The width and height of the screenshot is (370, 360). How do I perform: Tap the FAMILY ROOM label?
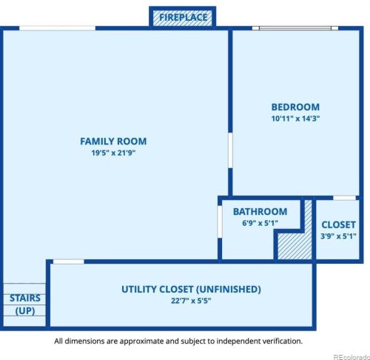coord(113,141)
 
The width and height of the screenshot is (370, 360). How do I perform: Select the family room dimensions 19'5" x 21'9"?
coord(113,153)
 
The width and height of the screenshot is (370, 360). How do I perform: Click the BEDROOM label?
coord(295,107)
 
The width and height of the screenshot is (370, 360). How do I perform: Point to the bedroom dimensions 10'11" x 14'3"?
coord(295,118)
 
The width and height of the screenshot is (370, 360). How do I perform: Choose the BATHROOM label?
coord(260,212)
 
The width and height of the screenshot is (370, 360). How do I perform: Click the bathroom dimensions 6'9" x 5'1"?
coord(260,223)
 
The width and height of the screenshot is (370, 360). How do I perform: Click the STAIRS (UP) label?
coord(24,304)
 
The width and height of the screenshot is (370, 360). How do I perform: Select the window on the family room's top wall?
coord(57,29)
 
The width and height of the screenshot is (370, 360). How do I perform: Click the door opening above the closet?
coord(345,198)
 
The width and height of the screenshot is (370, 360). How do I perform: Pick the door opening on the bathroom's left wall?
coord(221,220)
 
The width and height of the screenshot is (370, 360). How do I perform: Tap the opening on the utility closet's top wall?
coord(69,261)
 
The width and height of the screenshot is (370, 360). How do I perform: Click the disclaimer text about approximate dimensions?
coord(178,341)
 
